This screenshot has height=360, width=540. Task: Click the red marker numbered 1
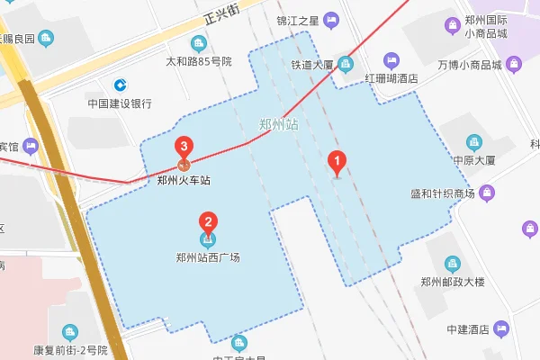[337, 163]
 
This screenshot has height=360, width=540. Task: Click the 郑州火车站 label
[184, 180]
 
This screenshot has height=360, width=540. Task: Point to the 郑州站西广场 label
[208, 256]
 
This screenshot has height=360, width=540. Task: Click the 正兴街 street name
[221, 13]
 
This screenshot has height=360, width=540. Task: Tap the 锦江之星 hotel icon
[331, 19]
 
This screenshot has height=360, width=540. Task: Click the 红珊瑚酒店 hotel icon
[391, 60]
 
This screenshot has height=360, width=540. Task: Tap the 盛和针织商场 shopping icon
[487, 192]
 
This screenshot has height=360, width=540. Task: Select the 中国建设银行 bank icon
[119, 85]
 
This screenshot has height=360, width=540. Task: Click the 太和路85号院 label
[199, 62]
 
